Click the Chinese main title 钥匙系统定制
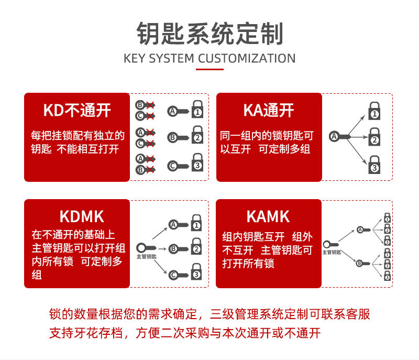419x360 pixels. point(210,34)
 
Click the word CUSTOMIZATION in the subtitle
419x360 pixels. point(247,58)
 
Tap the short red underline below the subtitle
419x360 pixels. point(210,69)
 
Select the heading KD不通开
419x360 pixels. point(77,110)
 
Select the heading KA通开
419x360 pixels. point(269,110)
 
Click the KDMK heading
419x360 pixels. point(82,216)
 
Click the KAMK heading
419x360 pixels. point(268,216)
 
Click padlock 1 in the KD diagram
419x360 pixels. point(197,109)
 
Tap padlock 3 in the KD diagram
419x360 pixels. point(197,162)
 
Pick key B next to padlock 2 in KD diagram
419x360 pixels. point(178,138)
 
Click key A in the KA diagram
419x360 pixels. point(339,137)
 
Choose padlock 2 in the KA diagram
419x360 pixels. point(374,137)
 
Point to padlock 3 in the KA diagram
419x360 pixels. point(374,165)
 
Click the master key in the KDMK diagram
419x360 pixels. point(146,248)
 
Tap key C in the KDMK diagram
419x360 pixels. point(179,275)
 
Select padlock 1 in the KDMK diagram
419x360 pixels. point(196,223)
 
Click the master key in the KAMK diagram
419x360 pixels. point(330,244)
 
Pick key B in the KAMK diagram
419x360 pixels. point(363,264)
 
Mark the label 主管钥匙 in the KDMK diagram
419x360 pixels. point(147,257)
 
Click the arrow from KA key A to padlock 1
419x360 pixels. point(357,125)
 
